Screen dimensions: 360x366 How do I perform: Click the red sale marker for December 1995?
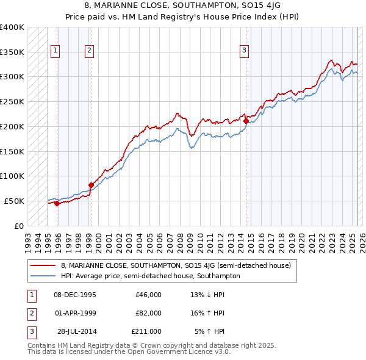tap(57, 203)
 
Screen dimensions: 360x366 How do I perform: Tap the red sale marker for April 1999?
tap(90, 185)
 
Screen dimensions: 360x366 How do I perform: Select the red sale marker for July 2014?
tap(246, 121)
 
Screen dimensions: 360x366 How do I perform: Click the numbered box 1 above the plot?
tap(56, 51)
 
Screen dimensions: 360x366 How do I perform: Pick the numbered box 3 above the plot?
tap(244, 51)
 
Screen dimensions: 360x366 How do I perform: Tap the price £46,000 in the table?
tap(148, 295)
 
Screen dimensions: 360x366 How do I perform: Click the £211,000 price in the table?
tap(146, 331)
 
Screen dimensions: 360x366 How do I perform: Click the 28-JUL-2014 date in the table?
tap(76, 331)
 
